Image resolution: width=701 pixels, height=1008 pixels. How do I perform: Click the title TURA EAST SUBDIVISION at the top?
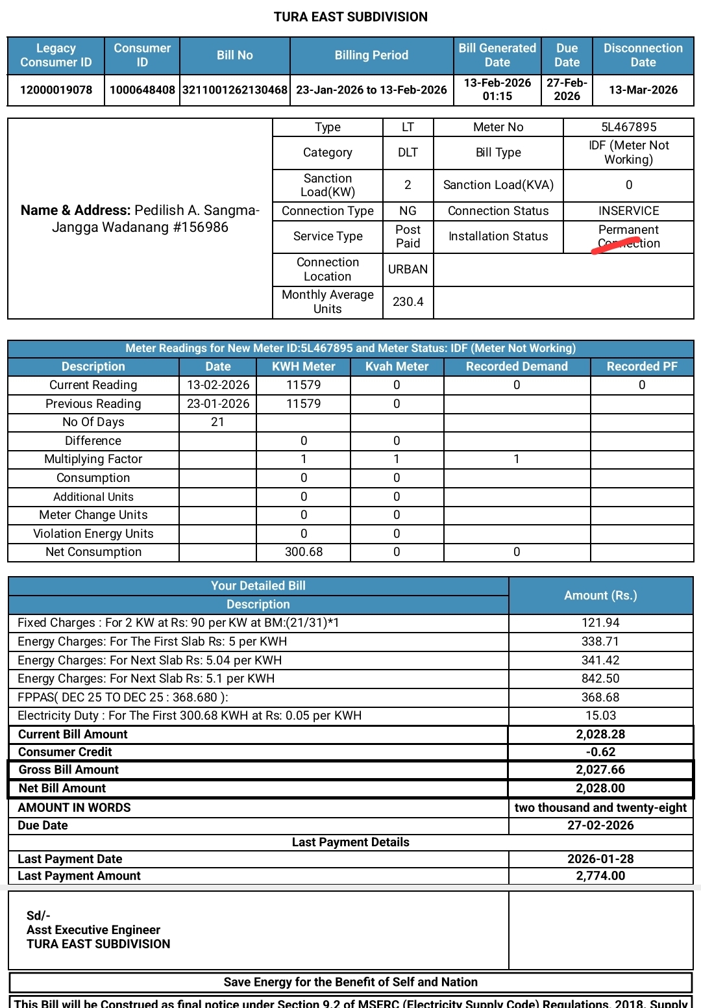click(350, 17)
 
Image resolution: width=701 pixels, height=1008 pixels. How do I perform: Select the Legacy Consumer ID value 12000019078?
click(56, 90)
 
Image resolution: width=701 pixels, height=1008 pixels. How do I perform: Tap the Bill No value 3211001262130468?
click(235, 90)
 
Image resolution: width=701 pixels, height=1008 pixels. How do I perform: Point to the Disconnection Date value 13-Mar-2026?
click(643, 90)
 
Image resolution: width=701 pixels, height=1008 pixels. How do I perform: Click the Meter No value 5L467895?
click(628, 127)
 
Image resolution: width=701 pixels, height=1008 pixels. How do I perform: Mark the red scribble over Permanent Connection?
click(615, 246)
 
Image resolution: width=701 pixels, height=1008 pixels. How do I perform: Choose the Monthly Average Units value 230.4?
click(408, 301)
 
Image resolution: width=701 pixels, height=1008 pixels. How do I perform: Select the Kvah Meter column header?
click(397, 366)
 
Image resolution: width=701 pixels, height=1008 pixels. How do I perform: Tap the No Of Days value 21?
click(217, 422)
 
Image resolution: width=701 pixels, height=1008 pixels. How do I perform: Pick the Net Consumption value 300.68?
click(303, 551)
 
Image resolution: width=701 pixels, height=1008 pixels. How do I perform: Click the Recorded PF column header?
click(641, 366)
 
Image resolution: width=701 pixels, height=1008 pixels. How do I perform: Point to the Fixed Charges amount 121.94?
click(600, 622)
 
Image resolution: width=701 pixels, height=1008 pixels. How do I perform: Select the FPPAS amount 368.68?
click(600, 697)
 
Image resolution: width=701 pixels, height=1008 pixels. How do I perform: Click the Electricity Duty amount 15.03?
click(600, 715)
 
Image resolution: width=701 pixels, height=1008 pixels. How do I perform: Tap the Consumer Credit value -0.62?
click(600, 751)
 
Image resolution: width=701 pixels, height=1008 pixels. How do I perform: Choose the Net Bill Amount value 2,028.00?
click(600, 788)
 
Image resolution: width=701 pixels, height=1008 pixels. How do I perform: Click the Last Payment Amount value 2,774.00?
click(600, 876)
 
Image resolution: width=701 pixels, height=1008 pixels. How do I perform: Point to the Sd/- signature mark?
click(38, 915)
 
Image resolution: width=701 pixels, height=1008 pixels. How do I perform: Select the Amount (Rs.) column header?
click(600, 595)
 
